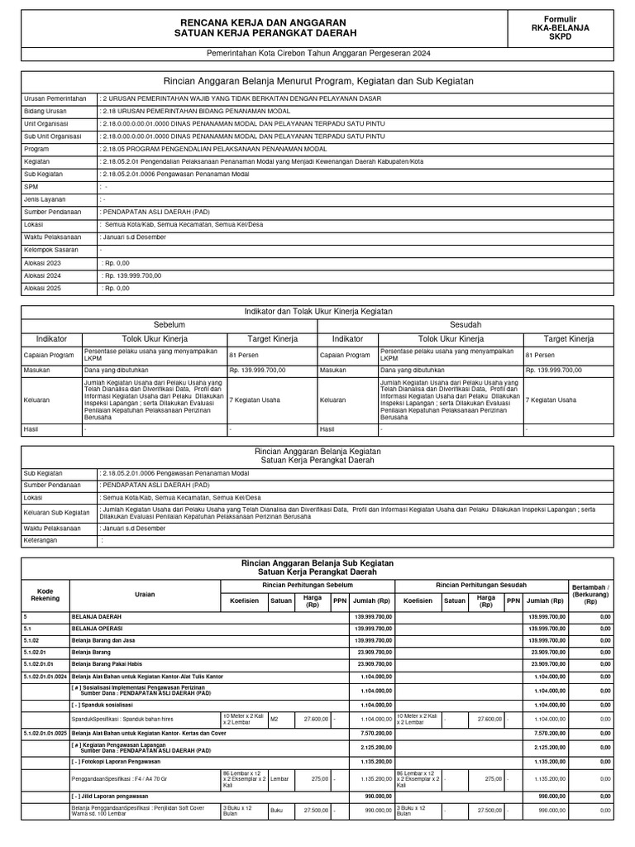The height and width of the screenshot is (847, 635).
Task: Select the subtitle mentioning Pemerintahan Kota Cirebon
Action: click(x=317, y=53)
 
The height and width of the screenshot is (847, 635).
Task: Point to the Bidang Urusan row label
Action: click(x=47, y=109)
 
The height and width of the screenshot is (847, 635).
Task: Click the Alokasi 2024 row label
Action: click(x=43, y=275)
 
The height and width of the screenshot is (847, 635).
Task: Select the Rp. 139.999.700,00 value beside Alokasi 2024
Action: click(x=132, y=275)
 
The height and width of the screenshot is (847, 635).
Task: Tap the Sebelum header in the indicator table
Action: click(x=169, y=325)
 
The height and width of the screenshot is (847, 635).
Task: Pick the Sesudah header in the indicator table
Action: click(x=466, y=325)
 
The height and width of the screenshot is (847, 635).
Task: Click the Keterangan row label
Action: click(x=45, y=540)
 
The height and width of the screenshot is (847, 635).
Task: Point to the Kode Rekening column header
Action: click(x=45, y=595)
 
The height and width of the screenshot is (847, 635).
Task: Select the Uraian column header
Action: click(x=145, y=595)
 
